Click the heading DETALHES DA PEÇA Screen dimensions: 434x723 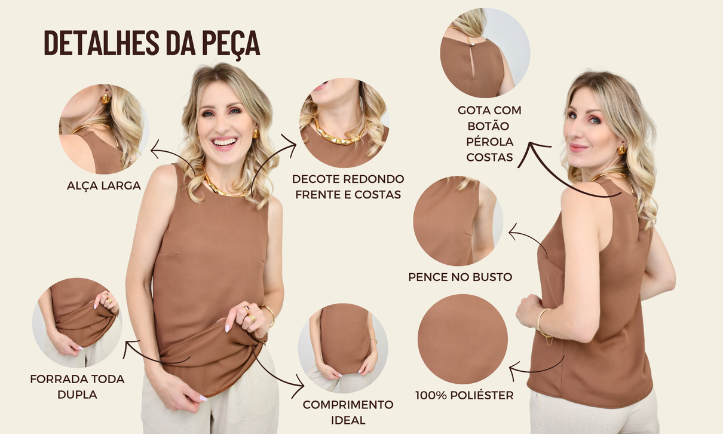[152, 42]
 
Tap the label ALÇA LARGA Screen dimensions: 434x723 [104, 186]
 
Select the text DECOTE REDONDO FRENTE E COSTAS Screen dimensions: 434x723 [348, 187]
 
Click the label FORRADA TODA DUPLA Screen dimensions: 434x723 [77, 386]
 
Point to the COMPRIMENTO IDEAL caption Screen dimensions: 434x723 [348, 412]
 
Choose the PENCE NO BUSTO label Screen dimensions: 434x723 [460, 277]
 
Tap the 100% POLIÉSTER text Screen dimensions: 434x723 [464, 395]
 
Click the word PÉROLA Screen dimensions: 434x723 [489, 142]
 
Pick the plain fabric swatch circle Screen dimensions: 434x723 [462, 339]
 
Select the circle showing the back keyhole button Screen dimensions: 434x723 [485, 53]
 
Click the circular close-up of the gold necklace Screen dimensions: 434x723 [344, 123]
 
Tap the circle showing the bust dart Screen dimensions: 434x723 [458, 221]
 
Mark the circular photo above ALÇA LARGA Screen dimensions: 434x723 [102, 129]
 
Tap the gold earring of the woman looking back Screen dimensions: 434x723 [621, 149]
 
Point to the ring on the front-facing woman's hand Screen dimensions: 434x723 [252, 318]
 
